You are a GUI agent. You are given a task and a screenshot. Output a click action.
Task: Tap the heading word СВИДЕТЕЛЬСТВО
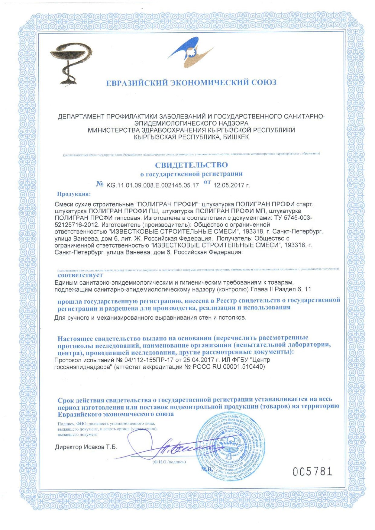191,165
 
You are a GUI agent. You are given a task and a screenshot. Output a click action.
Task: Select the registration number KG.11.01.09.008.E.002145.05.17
152,185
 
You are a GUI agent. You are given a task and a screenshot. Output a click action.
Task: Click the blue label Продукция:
74,194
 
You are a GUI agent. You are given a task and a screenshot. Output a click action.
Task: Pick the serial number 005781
312,471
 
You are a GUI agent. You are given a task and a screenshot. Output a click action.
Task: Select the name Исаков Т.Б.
100,447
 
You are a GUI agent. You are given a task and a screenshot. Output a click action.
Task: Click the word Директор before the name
69,447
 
